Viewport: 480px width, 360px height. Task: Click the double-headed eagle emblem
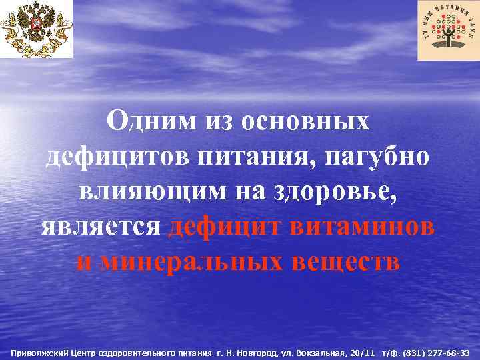click(x=36, y=29)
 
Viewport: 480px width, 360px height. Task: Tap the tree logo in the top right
click(x=448, y=30)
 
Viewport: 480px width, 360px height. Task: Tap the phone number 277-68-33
click(x=450, y=351)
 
